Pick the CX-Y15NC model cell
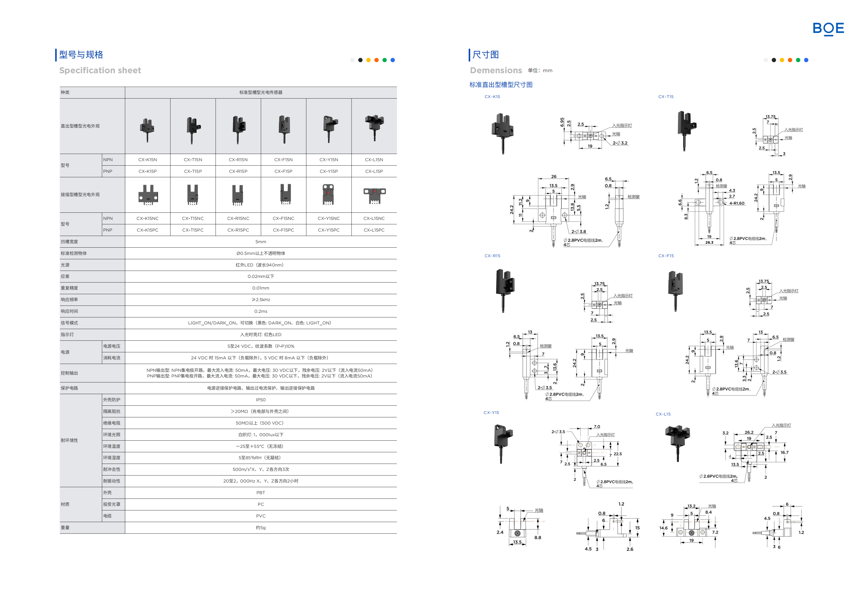point(328,218)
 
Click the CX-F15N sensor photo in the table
point(284,129)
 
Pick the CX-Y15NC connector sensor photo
point(328,195)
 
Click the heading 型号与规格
point(81,55)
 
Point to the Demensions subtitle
point(496,71)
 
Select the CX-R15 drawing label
point(492,256)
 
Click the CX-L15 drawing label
point(663,414)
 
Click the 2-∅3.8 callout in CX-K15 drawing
point(578,232)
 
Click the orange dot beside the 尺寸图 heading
point(790,60)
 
